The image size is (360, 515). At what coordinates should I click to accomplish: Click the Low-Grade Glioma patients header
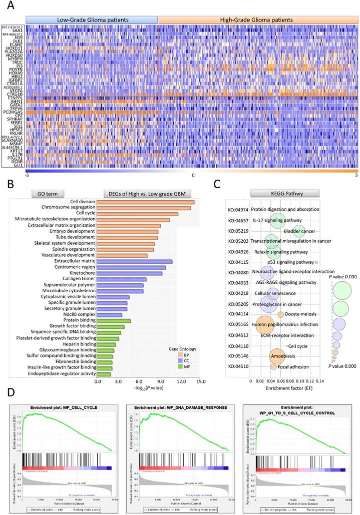click(x=92, y=20)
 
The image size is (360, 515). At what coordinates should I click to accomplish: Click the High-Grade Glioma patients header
click(x=257, y=20)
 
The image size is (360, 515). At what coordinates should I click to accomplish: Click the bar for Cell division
click(x=145, y=202)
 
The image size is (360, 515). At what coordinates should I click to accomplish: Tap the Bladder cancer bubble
click(x=298, y=231)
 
